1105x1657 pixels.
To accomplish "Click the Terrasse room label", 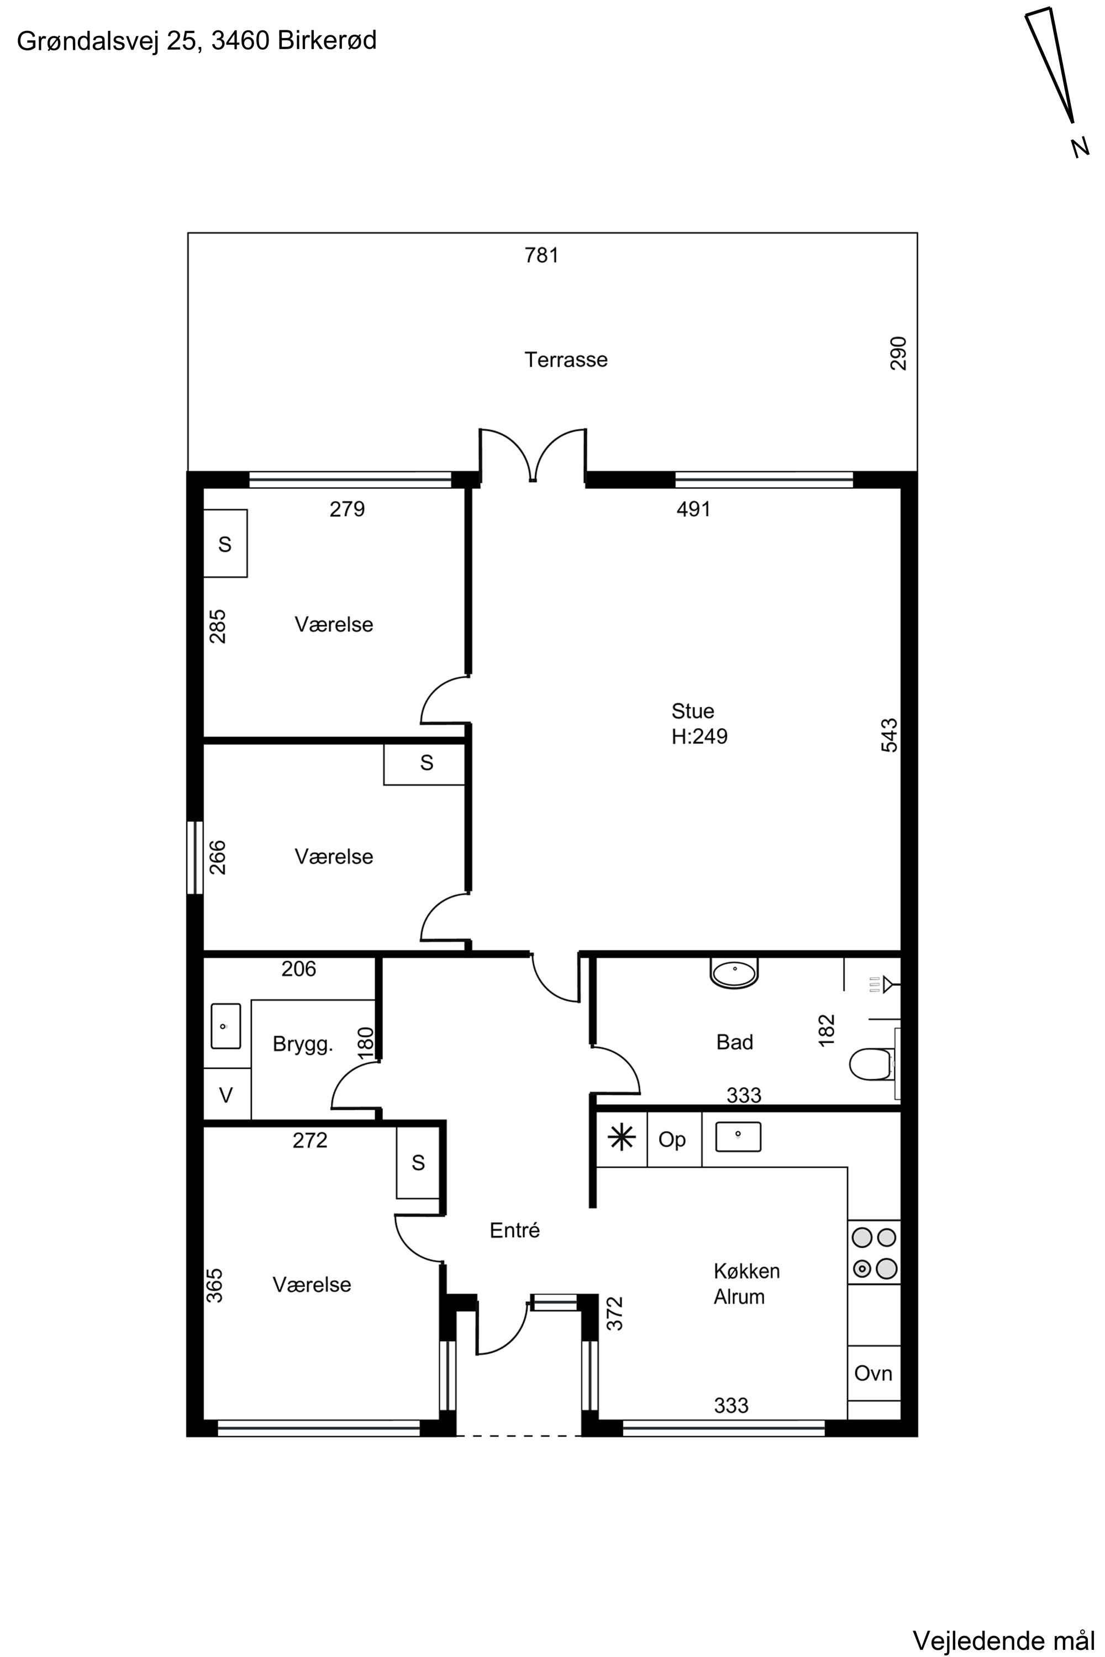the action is [566, 360].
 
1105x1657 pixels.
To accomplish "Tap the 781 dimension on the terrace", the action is [542, 255].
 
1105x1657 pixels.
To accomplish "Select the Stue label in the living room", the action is [693, 711].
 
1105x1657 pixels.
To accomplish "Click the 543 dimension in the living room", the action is [890, 735].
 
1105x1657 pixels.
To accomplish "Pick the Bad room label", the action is [734, 1042].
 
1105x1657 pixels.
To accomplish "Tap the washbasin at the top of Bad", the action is [734, 973].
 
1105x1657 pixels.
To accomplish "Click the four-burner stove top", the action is [874, 1252].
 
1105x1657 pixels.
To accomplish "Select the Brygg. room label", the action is [302, 1045].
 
